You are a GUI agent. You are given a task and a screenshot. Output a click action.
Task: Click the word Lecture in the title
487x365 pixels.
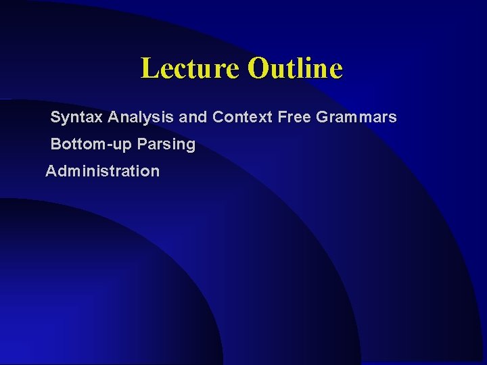(190, 68)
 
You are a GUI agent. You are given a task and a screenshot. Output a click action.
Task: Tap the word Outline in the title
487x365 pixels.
(295, 68)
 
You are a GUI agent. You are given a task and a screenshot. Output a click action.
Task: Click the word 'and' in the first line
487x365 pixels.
(193, 117)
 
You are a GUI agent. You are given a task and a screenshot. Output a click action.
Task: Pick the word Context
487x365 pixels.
(242, 117)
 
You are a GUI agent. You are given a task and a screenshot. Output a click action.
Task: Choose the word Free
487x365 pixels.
(294, 117)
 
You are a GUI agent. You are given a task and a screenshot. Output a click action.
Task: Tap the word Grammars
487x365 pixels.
(356, 117)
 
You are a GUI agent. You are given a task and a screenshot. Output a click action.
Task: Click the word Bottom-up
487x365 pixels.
(91, 145)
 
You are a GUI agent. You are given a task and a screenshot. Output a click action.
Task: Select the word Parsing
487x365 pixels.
(166, 145)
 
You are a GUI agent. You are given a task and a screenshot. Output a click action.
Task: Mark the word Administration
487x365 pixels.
(103, 171)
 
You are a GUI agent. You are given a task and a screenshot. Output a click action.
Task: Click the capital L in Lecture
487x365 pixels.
(147, 68)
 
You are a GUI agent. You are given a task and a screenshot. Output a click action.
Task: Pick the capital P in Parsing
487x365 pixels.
(141, 144)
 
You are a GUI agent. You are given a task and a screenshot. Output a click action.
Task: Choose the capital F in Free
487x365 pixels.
(281, 117)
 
